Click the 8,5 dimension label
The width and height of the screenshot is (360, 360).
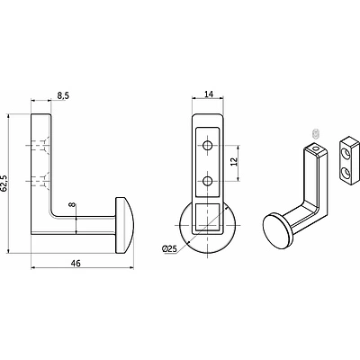(63, 95)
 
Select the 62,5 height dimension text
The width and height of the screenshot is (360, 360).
(4, 183)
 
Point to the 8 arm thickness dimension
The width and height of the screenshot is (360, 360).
(71, 205)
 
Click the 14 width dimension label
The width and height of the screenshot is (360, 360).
(209, 94)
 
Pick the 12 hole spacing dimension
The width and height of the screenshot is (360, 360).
(235, 161)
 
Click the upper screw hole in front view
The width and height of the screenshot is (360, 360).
(207, 146)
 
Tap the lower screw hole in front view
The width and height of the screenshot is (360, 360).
(207, 181)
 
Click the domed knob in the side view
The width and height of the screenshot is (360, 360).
(124, 221)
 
